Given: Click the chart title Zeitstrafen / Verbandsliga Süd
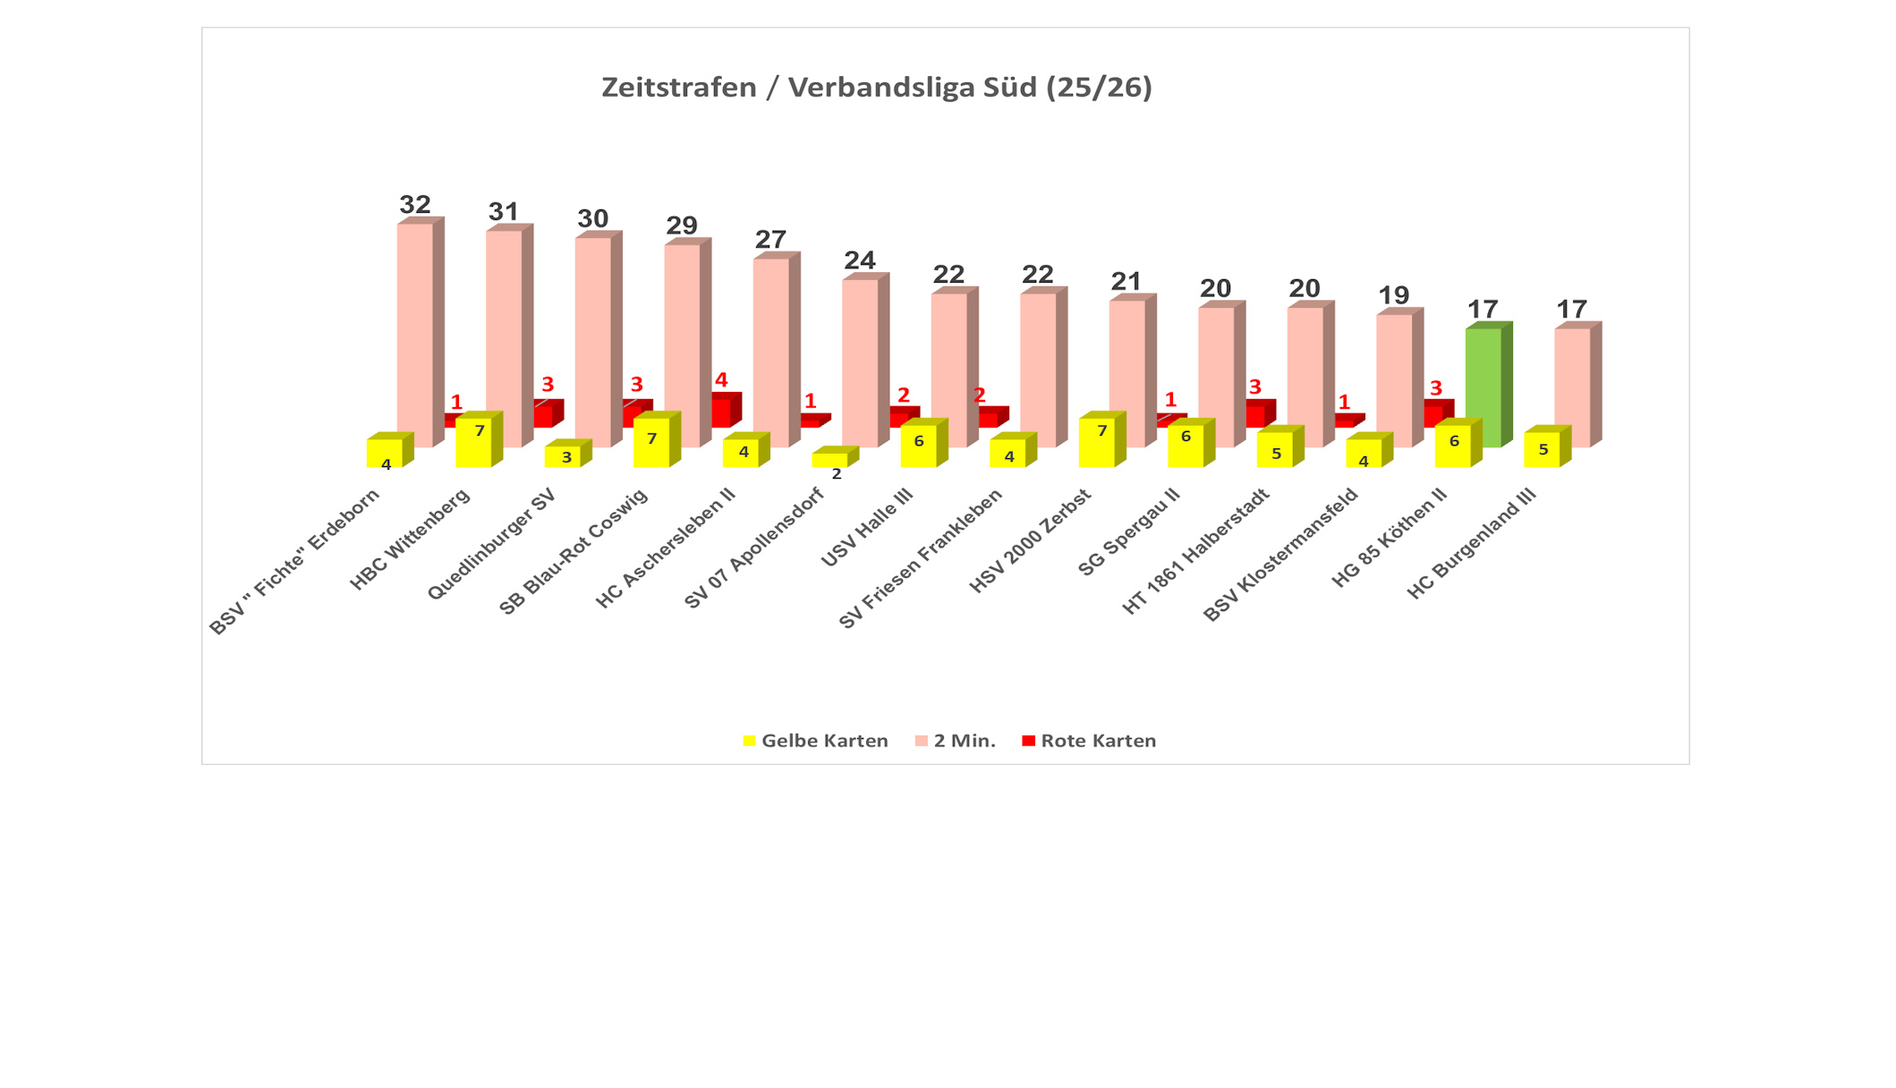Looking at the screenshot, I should (x=876, y=88).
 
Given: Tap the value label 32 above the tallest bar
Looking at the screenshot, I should (x=415, y=205).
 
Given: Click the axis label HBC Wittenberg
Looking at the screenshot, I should (x=411, y=540).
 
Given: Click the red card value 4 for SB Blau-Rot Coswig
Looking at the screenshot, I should (x=721, y=380).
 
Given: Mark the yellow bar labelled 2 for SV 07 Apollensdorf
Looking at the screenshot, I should (x=829, y=460).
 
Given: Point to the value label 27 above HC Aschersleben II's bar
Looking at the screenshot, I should (x=770, y=240).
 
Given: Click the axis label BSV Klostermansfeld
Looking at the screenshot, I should (x=1281, y=556).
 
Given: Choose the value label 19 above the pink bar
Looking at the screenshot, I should (x=1393, y=295).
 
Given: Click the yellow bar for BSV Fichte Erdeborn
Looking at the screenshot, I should (x=384, y=453).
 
